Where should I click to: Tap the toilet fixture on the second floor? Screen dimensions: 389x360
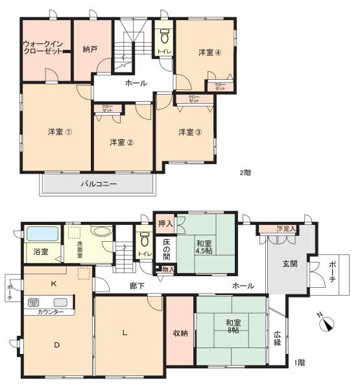click(163, 34)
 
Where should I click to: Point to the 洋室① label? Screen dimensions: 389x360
click(60, 132)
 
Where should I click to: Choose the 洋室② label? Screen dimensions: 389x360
click(121, 142)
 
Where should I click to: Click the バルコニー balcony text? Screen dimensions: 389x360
click(99, 183)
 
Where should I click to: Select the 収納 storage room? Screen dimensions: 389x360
click(180, 333)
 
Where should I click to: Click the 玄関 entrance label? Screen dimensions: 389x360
click(289, 264)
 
